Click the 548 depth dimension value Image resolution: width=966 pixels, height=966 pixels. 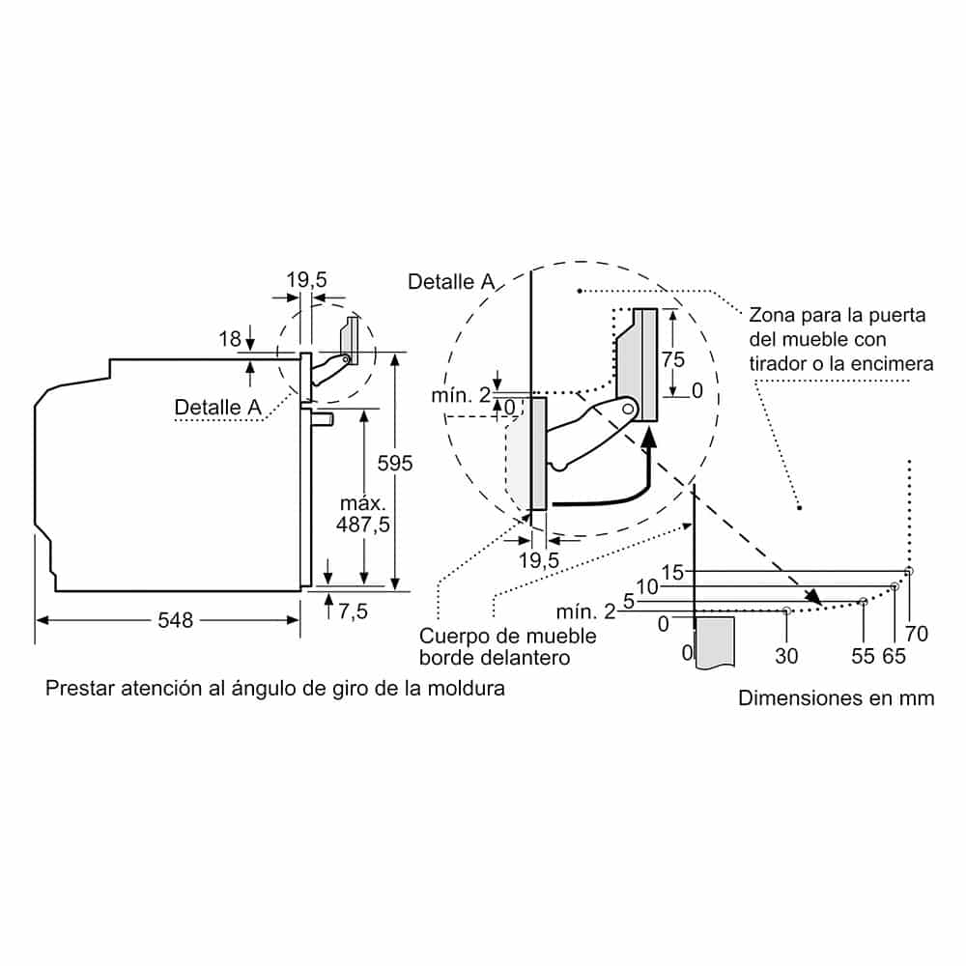(x=175, y=620)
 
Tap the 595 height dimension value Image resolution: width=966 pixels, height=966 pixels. (x=395, y=464)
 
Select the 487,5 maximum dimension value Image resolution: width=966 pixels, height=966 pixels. (x=363, y=525)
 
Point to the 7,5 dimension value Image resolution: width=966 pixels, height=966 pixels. (x=353, y=611)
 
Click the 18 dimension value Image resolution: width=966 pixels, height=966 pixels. (x=230, y=339)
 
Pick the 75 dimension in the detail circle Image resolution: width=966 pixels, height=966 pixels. (x=672, y=359)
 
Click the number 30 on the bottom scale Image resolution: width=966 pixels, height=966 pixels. (x=786, y=656)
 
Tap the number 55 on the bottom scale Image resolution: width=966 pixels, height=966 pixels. (x=863, y=656)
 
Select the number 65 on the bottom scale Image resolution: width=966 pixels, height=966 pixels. (x=894, y=656)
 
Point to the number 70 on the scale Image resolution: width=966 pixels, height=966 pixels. (x=916, y=634)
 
